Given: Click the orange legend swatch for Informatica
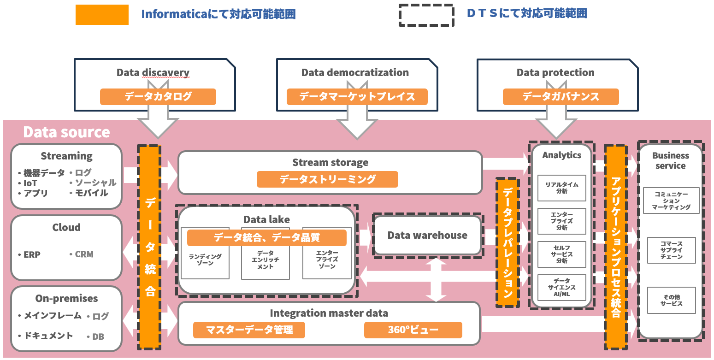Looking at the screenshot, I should (102, 14).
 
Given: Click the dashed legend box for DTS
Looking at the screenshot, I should (426, 15).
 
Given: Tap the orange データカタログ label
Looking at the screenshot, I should (158, 96).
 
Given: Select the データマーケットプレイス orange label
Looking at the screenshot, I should (357, 96).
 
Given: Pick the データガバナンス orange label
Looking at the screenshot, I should (561, 96).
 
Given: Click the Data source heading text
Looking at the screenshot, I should (67, 132).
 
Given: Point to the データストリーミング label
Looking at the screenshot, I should (327, 179).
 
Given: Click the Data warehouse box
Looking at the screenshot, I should (427, 235).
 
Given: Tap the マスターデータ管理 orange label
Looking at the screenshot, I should (249, 330).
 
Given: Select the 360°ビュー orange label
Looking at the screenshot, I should (413, 330).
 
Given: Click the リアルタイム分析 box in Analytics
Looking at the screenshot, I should (561, 188).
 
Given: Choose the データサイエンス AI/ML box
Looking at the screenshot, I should (561, 287).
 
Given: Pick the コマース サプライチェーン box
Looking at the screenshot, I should (671, 250).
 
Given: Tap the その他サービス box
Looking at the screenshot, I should (671, 301).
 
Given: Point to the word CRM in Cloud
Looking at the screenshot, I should (84, 254).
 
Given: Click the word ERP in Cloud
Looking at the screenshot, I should (32, 254).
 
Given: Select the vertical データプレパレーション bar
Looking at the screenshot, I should (507, 242).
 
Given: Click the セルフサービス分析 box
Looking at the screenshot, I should (561, 254).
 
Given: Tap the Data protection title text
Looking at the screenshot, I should (555, 72).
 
